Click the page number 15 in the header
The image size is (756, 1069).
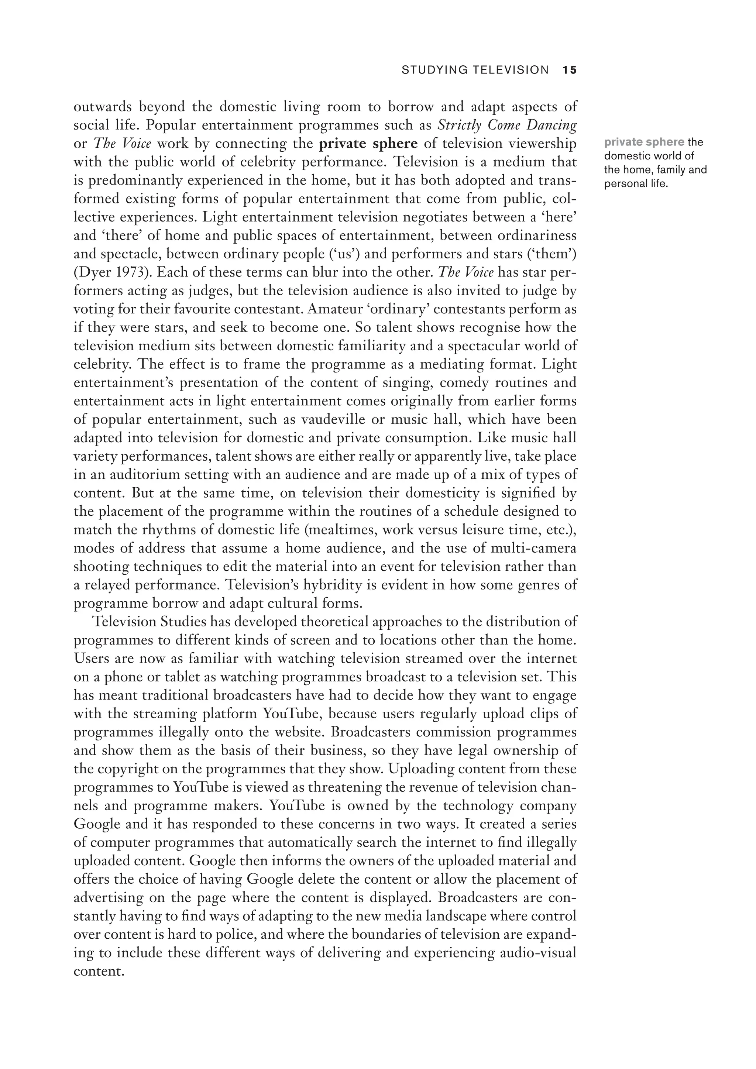pyautogui.click(x=569, y=70)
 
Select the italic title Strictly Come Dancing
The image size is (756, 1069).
pyautogui.click(x=508, y=125)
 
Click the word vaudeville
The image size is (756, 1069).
pyautogui.click(x=332, y=419)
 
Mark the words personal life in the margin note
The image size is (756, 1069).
pyautogui.click(x=636, y=184)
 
